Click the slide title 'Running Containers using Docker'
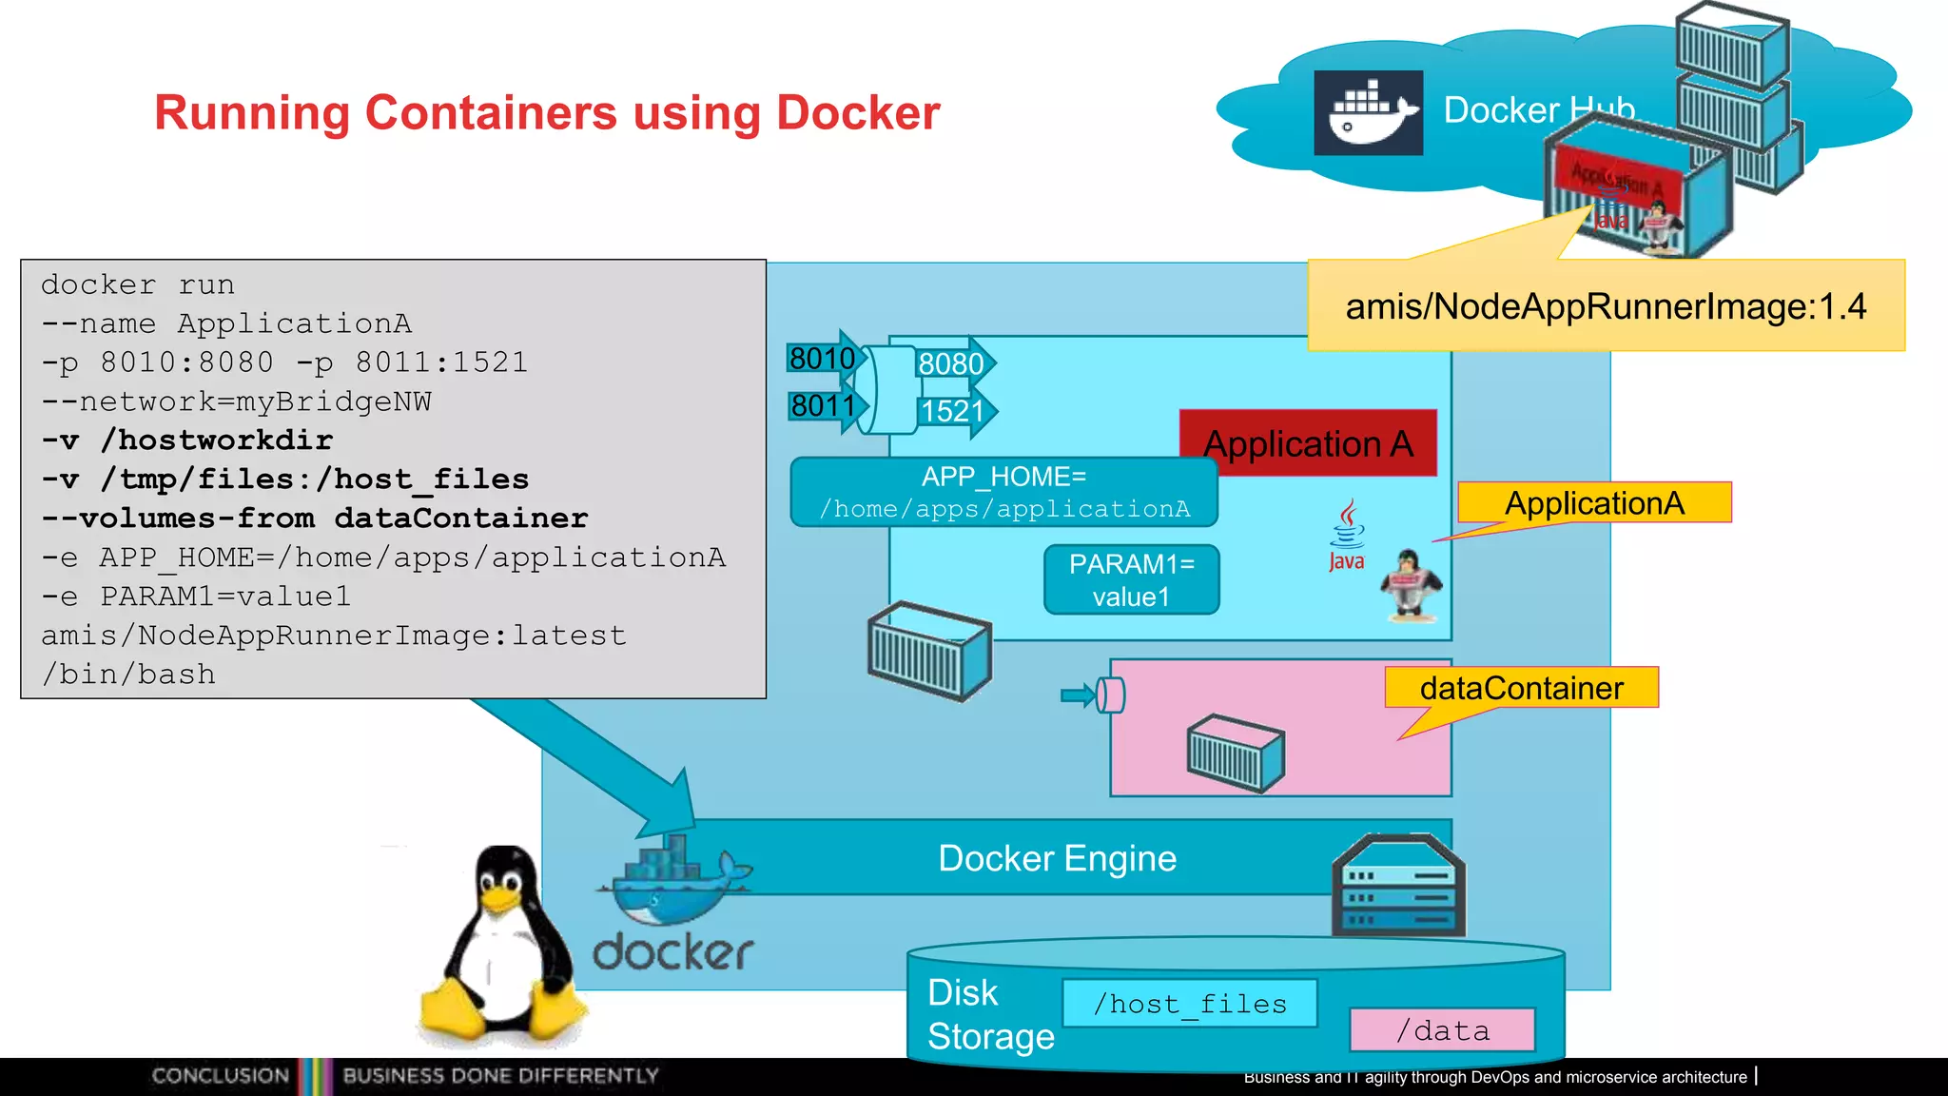pyautogui.click(x=547, y=112)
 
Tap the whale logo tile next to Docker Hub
pyautogui.click(x=1368, y=112)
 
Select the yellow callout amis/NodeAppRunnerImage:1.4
pyautogui.click(x=1606, y=306)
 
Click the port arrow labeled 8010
pyautogui.click(x=823, y=359)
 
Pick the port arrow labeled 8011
pyautogui.click(x=824, y=406)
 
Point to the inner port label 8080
pyautogui.click(x=951, y=363)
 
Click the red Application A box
pyautogui.click(x=1308, y=443)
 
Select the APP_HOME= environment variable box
pyautogui.click(x=1003, y=492)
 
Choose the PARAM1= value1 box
pyautogui.click(x=1131, y=580)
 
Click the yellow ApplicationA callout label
pyautogui.click(x=1594, y=502)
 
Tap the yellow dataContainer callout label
pyautogui.click(x=1521, y=688)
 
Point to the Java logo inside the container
pyautogui.click(x=1347, y=536)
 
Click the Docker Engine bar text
pyautogui.click(x=1057, y=858)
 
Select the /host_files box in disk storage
pyautogui.click(x=1189, y=1004)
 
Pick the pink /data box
pyautogui.click(x=1442, y=1030)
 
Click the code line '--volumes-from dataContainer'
pyautogui.click(x=315, y=519)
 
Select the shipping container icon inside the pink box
pyautogui.click(x=1236, y=753)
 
